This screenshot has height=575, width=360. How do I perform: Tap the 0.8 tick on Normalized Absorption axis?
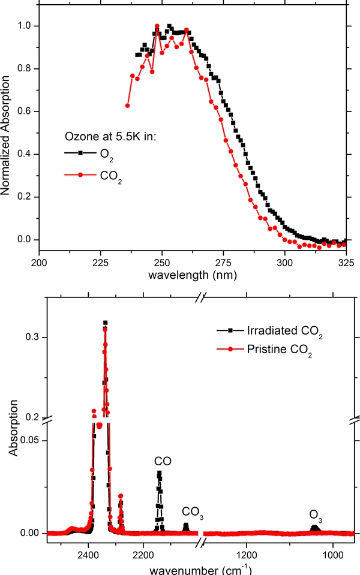coord(25,69)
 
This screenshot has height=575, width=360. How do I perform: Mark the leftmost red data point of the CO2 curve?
coord(127,106)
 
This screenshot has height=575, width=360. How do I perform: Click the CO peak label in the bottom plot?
coord(163,462)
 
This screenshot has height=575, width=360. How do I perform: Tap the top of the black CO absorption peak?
coord(159,473)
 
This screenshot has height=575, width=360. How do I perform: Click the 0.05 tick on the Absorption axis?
coord(28,440)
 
